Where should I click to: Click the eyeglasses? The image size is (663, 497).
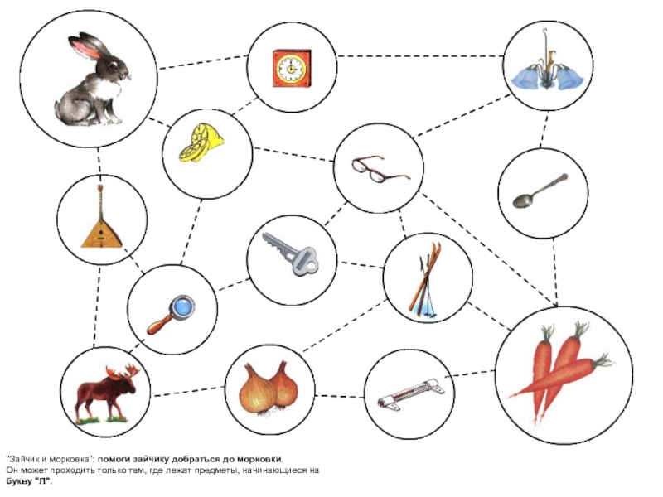(x=378, y=170)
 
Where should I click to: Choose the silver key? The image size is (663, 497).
(x=291, y=253)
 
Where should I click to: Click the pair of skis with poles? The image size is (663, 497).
(x=427, y=278)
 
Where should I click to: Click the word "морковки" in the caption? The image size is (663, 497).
(x=259, y=459)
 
